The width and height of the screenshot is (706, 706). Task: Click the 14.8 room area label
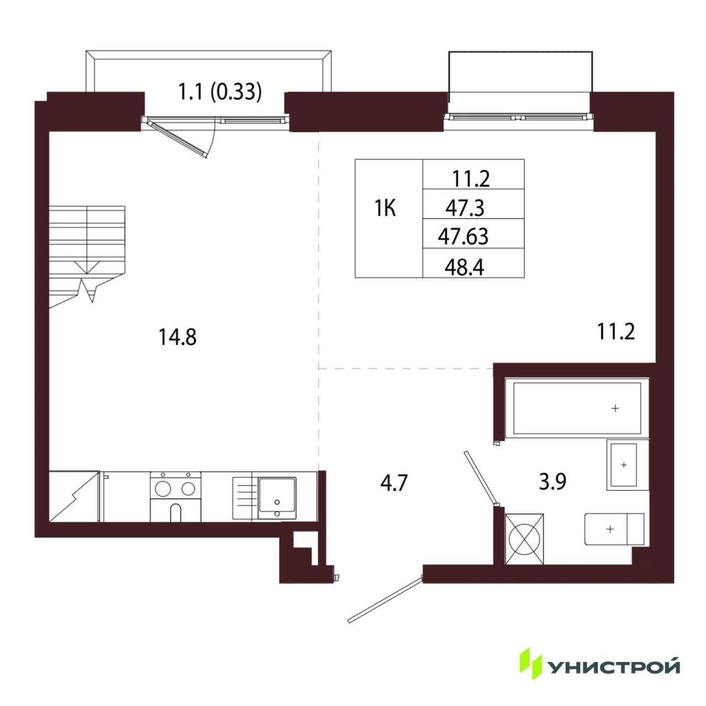(x=177, y=337)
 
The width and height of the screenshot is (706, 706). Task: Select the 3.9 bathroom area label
(x=553, y=482)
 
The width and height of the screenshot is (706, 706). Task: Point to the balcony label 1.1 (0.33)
(x=220, y=92)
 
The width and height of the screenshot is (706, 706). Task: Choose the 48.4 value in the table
(x=464, y=268)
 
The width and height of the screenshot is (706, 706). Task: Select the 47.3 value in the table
(x=465, y=208)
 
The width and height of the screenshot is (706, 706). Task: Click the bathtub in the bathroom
(x=577, y=408)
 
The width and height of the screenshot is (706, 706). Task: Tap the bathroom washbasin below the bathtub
(x=623, y=464)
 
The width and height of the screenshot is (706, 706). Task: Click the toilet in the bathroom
(x=614, y=529)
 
